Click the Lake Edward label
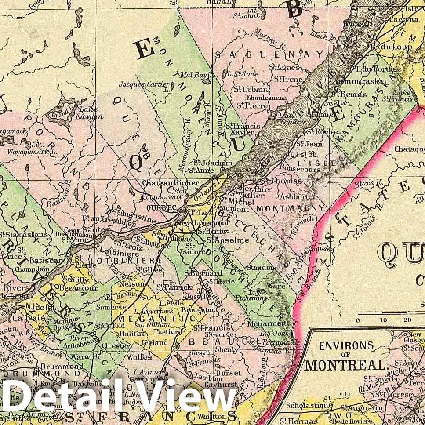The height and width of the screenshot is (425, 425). [89, 113]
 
